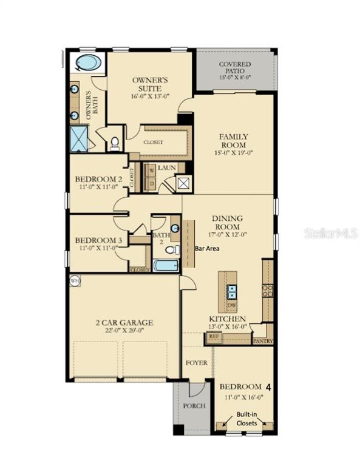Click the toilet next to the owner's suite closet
point(115,143)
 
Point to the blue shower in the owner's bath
point(79,140)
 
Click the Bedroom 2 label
point(99,180)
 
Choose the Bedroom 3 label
point(99,240)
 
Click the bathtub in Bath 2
point(165,265)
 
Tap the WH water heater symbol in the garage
point(75,280)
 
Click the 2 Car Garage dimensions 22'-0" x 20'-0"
point(123,331)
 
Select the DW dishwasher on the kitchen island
point(231,305)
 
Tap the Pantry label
point(263,341)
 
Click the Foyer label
point(197,363)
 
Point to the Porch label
point(194,405)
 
